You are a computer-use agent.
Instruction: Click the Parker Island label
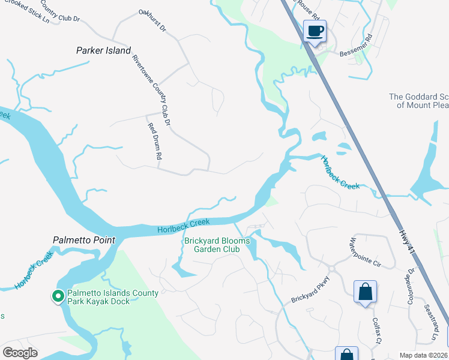click(x=103, y=50)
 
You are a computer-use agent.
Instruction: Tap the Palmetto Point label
click(x=83, y=240)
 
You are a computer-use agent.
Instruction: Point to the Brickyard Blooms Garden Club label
click(x=217, y=245)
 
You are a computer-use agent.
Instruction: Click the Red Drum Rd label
click(x=155, y=141)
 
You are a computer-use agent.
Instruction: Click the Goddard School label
click(x=418, y=100)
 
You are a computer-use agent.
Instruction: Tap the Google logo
click(x=20, y=353)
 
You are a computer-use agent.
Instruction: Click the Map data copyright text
click(x=424, y=355)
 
